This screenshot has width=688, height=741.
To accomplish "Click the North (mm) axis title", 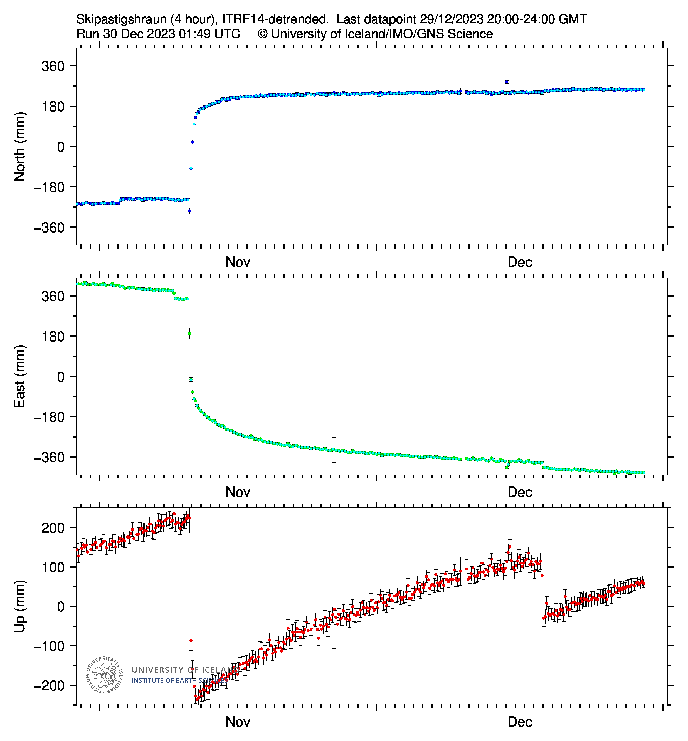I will click(19, 147).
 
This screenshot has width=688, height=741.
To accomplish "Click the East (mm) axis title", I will click(19, 377).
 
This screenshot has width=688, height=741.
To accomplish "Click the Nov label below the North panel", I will click(238, 262).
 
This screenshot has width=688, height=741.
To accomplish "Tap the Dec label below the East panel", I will click(520, 492).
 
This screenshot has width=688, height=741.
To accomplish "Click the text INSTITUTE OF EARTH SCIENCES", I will click(179, 681).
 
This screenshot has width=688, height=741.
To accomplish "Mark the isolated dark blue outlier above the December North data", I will click(507, 82).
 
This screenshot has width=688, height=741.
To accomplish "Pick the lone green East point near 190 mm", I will click(189, 334).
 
